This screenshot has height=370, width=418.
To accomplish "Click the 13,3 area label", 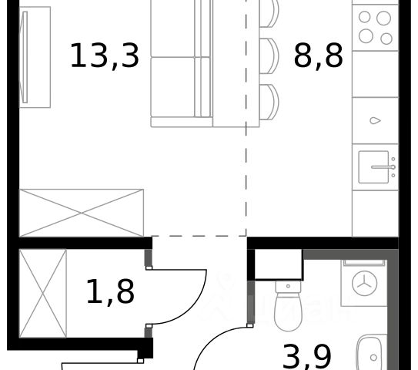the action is tap(105, 56).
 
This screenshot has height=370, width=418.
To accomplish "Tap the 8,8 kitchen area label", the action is tap(318, 56).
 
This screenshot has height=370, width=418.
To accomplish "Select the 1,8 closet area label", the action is tap(110, 291).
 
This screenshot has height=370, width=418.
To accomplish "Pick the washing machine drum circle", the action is tap(364, 283).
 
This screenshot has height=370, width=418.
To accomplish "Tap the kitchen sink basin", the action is tap(373, 167).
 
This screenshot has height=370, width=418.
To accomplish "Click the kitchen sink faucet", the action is tap(383, 167).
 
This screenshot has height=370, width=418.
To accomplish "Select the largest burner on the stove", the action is tap(383, 18).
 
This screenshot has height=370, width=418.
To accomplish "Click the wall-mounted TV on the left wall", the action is tap(25, 57).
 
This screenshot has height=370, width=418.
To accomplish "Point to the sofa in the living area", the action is tap(182, 63).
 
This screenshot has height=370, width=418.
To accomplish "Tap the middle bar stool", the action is tap(269, 56).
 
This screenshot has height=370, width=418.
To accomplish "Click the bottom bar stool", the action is tap(269, 103).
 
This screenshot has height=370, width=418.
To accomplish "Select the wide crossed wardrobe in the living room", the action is tap(82, 213).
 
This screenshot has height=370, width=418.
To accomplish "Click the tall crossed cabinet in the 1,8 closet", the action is tap(42, 294).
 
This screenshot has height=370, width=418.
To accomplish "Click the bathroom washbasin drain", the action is tap(373, 357).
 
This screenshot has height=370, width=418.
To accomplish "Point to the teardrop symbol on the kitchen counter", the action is tap(375, 121).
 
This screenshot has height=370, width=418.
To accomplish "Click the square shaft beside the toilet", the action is tap(279, 264).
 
